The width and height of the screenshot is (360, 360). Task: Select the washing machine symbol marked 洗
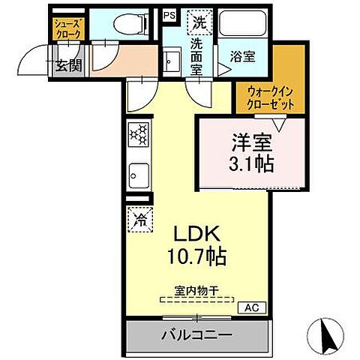click(x=198, y=20)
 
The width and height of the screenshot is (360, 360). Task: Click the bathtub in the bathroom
click(x=243, y=24)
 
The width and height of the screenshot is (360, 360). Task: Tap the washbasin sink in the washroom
click(x=171, y=58)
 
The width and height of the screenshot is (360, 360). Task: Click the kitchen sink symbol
click(x=138, y=177)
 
